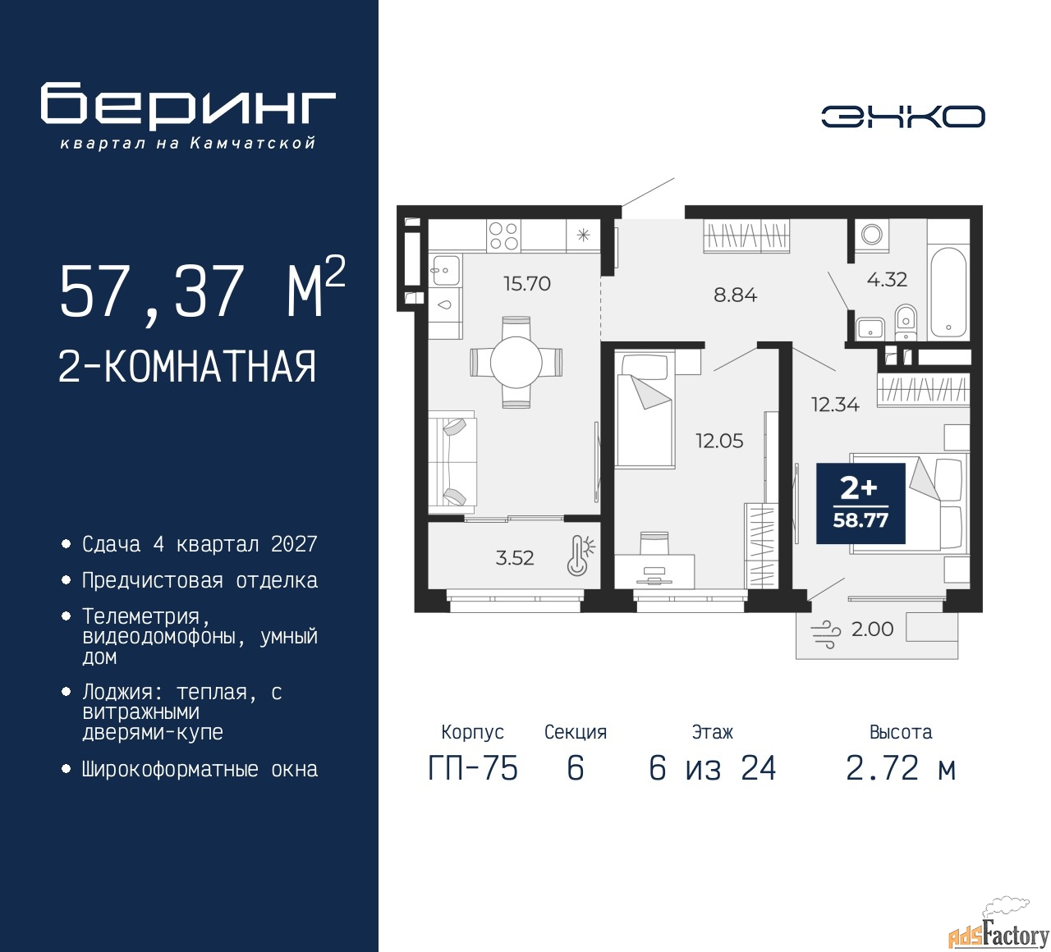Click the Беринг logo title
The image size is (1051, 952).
pyautogui.click(x=187, y=107)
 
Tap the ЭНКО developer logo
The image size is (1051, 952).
pyautogui.click(x=902, y=117)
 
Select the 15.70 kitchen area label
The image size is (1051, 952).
pyautogui.click(x=527, y=283)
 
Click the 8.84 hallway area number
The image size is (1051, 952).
pyautogui.click(x=735, y=295)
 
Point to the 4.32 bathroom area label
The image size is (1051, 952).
pyautogui.click(x=887, y=280)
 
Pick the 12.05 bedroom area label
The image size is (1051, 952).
pyautogui.click(x=719, y=441)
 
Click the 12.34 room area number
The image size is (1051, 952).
pyautogui.click(x=835, y=405)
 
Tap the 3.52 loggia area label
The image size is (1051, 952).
pyautogui.click(x=515, y=558)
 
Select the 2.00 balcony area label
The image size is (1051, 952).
pyautogui.click(x=872, y=629)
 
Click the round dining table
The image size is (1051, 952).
pyautogui.click(x=516, y=362)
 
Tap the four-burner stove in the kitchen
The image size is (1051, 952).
pyautogui.click(x=503, y=236)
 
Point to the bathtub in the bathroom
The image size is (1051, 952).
pyautogui.click(x=948, y=293)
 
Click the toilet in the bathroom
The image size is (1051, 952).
pyautogui.click(x=905, y=322)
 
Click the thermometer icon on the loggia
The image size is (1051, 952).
pyautogui.click(x=581, y=555)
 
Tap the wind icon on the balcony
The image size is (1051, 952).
pyautogui.click(x=825, y=634)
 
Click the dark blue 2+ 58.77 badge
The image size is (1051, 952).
pyautogui.click(x=861, y=503)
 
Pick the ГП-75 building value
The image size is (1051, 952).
pyautogui.click(x=473, y=768)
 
